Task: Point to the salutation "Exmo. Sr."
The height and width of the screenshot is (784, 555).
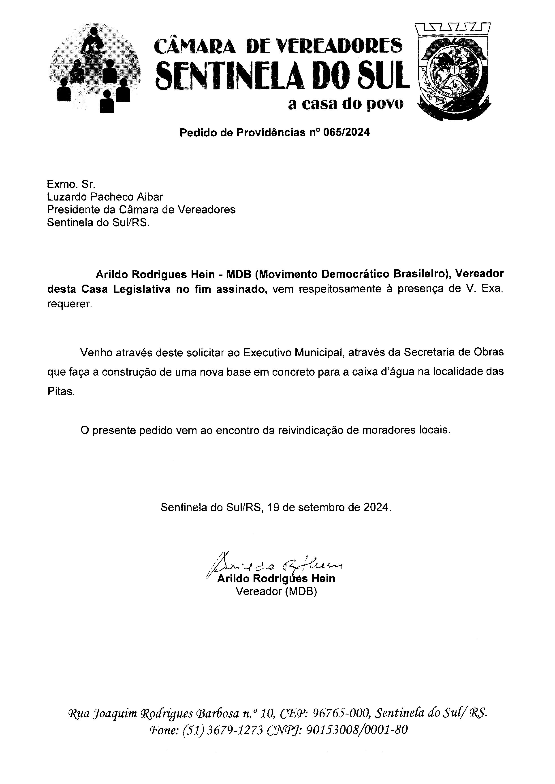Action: point(71,184)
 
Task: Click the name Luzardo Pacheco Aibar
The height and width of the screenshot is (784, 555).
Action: point(105,197)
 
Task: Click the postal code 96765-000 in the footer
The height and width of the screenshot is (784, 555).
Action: point(342,713)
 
